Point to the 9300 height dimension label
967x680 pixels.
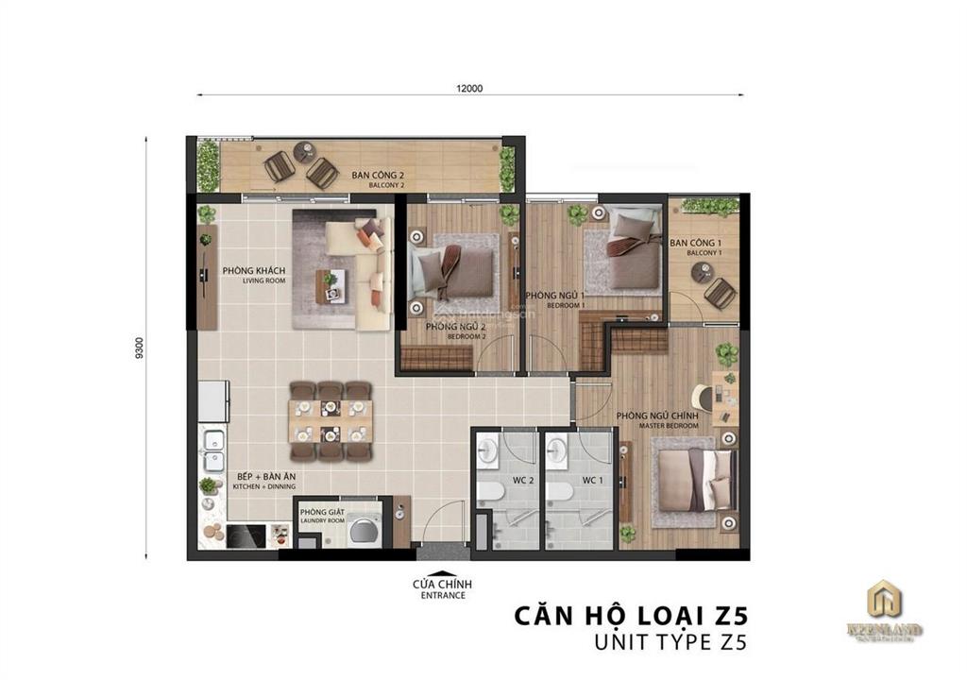(140, 347)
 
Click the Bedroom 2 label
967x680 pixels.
(455, 331)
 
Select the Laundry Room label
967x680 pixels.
(322, 517)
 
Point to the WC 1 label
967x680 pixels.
(592, 481)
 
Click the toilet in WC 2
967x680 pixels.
(489, 492)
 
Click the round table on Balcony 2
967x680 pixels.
(303, 151)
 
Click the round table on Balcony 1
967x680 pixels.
(701, 272)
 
